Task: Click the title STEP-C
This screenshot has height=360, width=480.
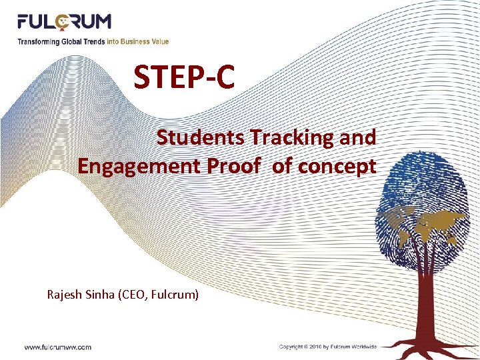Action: pyautogui.click(x=184, y=77)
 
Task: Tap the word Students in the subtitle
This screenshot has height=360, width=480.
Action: pyautogui.click(x=201, y=137)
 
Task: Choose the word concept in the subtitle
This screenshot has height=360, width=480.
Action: pyautogui.click(x=339, y=166)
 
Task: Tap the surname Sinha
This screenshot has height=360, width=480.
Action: pyautogui.click(x=102, y=293)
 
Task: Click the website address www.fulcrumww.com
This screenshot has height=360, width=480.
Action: pyautogui.click(x=58, y=347)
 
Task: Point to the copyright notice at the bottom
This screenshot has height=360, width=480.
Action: pyautogui.click(x=328, y=347)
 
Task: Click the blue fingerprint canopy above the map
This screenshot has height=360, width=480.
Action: pyautogui.click(x=427, y=180)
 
